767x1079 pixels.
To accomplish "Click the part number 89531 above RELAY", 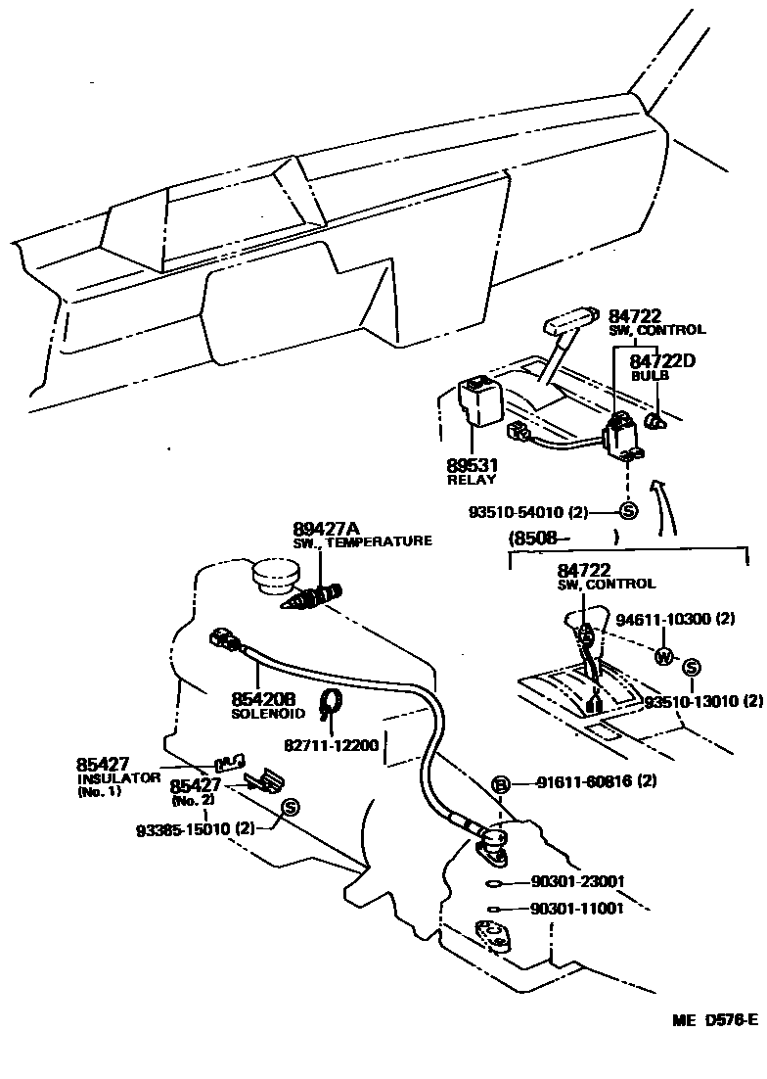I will point(474,466).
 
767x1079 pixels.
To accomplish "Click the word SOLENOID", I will point(268,714).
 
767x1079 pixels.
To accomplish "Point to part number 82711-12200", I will point(331,745).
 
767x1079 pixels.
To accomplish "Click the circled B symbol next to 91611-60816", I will point(501,783).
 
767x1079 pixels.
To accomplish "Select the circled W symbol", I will point(664,656).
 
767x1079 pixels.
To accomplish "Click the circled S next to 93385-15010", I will point(290,808).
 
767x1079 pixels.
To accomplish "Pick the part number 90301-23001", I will point(577,881).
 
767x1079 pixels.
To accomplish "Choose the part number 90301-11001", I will point(577,909).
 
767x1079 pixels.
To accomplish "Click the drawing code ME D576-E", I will point(714,1020).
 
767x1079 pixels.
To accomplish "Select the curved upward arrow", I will point(665,504).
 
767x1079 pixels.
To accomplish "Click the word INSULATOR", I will point(117,777).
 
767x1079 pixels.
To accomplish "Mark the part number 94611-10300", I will point(675,620).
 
